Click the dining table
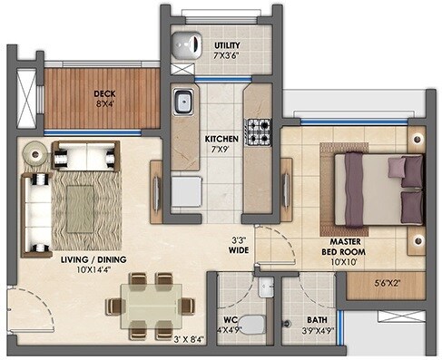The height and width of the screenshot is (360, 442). click(148, 305)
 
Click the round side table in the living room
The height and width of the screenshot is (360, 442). click(34, 155)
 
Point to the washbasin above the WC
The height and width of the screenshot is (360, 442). click(264, 287)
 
